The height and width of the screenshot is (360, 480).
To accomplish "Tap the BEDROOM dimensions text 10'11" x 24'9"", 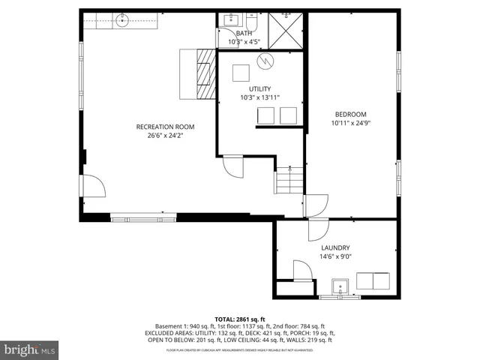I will pos(350,122).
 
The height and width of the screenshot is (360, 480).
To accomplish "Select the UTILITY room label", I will pos(260,88).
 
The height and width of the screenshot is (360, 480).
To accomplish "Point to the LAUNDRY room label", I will pos(335,247).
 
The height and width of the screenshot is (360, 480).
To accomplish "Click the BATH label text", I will pos(244,34).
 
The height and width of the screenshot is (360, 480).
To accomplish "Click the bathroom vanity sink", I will pos(228,20).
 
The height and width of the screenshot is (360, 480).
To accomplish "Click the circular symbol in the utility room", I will pos(263,60).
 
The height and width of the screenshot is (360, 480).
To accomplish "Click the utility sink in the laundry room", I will pos(340,286).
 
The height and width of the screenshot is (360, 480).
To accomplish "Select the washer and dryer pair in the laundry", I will pos(373,280).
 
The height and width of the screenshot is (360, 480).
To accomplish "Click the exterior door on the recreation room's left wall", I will pos(94,187).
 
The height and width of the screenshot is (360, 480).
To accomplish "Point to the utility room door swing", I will pos(234,166).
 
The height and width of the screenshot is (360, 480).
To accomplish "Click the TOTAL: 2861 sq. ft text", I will pos(240,319).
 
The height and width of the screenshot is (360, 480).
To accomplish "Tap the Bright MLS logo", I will pos(30,349).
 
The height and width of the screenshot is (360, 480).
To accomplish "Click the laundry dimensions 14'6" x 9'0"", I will pos(335,256).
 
